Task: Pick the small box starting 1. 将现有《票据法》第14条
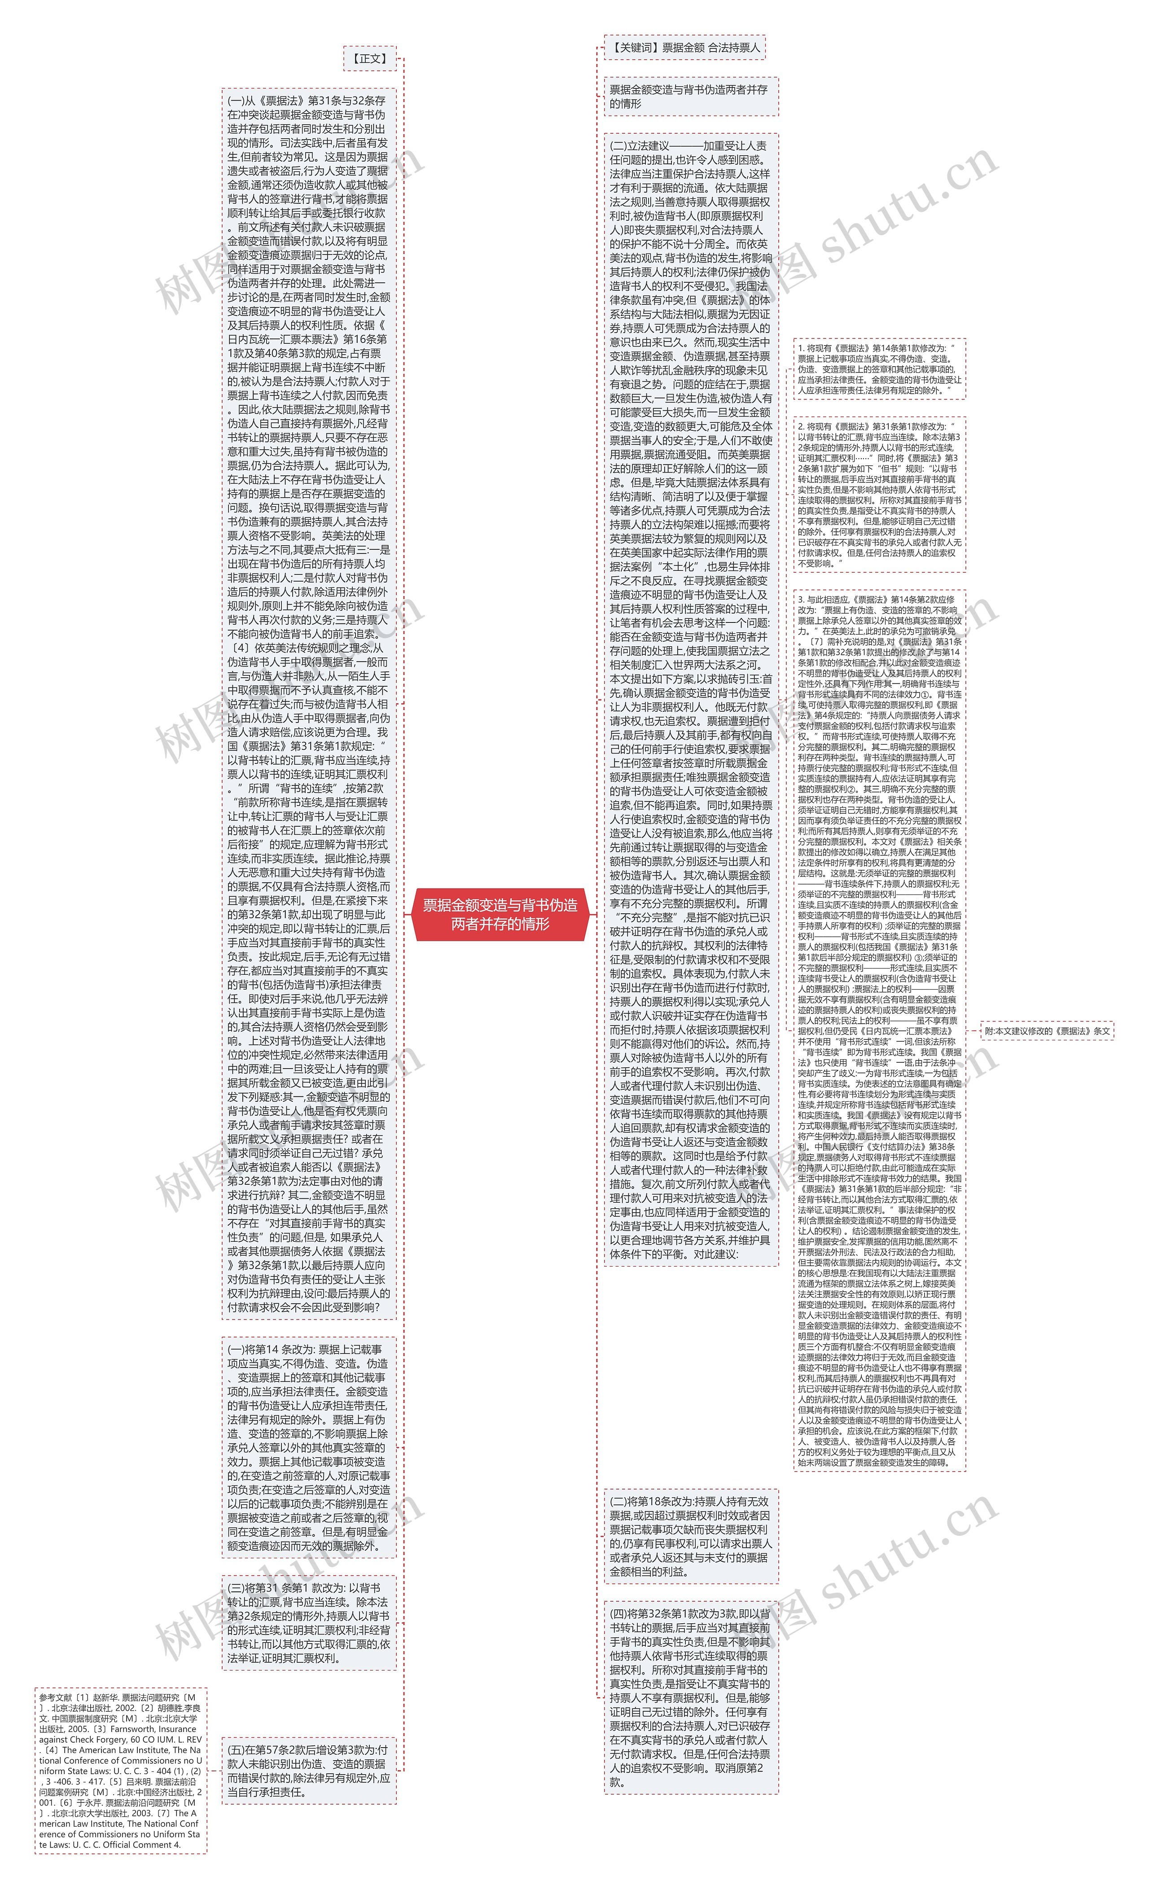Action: (x=879, y=369)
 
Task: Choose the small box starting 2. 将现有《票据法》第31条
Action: (x=879, y=495)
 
